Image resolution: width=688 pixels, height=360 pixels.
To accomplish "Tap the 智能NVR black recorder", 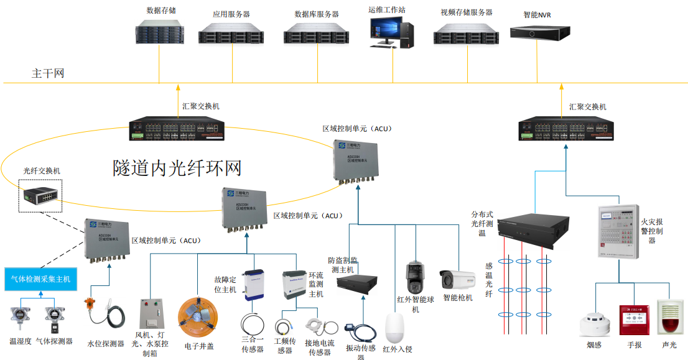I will click(539, 32).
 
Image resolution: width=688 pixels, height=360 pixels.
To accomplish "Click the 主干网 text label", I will click(48, 73).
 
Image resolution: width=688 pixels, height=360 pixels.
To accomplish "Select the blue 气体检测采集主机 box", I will click(40, 279).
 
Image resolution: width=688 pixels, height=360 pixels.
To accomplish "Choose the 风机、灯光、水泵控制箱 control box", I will click(152, 315).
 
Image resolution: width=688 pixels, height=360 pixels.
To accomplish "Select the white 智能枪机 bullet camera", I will click(457, 279).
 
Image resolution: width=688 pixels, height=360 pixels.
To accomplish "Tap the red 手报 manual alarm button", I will click(634, 319).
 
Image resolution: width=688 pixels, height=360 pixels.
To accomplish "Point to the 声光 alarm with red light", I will click(669, 318).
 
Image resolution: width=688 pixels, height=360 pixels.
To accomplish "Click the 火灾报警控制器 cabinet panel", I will click(618, 232).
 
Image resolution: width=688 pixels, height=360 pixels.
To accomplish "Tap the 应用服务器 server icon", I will click(232, 33).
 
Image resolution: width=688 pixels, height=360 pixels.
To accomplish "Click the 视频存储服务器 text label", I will click(466, 12).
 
